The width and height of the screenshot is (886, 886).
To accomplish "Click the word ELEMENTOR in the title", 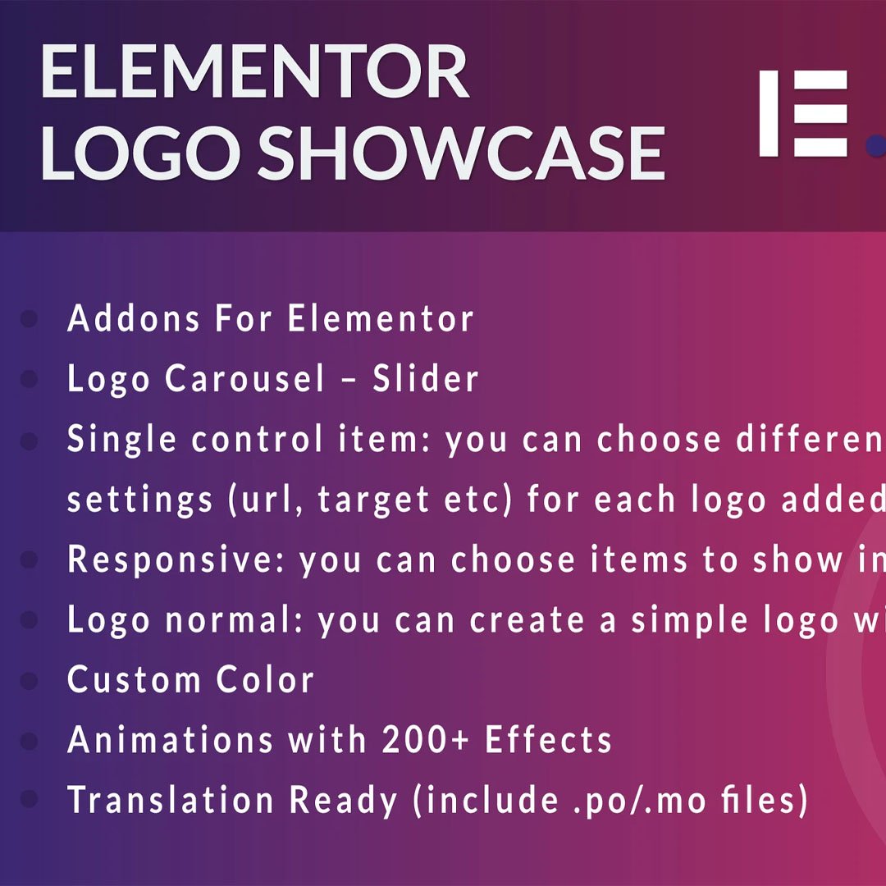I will tap(254, 74).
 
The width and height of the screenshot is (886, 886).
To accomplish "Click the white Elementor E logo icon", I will tap(803, 113).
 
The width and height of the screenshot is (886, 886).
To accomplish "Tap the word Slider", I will tap(426, 379).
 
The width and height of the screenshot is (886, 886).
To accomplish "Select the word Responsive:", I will tap(176, 560).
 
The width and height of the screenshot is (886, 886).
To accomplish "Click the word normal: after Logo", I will tap(235, 621).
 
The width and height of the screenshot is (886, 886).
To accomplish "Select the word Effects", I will tap(549, 740).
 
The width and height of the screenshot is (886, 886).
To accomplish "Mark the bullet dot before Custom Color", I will tap(30, 681).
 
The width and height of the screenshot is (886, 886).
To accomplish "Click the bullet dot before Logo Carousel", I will tap(30, 380).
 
